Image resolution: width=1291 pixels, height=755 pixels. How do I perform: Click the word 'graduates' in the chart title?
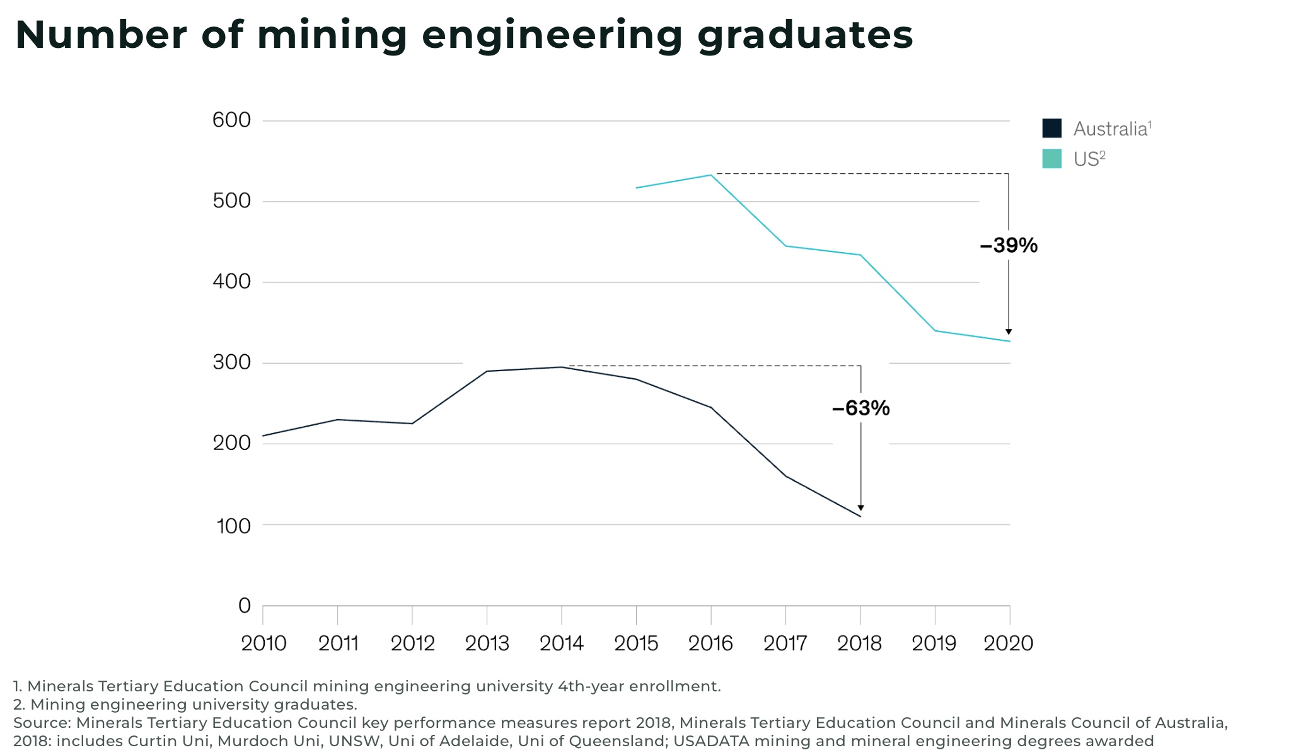(x=805, y=35)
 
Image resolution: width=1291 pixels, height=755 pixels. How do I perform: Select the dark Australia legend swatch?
(x=1051, y=129)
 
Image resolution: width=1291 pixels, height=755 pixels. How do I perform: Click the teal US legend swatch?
(x=1051, y=159)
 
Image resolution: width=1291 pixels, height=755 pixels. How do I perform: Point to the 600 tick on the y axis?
(x=231, y=120)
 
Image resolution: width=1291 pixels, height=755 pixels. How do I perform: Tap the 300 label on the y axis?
(x=231, y=362)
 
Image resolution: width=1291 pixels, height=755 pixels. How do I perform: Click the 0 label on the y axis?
(x=245, y=606)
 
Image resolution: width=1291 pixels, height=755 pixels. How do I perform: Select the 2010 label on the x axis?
(x=263, y=643)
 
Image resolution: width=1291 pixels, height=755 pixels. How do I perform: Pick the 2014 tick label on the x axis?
(x=562, y=643)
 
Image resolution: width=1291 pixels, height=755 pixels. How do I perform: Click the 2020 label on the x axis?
(x=1009, y=643)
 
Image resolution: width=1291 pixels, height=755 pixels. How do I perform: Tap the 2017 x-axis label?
(x=785, y=643)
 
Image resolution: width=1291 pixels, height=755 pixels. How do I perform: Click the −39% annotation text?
(x=1009, y=245)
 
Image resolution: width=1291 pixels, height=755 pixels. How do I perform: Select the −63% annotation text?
(x=860, y=408)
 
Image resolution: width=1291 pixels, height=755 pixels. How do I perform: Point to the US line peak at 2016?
(x=711, y=175)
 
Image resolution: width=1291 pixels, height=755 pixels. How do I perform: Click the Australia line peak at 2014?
(x=561, y=367)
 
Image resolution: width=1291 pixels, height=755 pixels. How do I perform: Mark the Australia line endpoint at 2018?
(x=860, y=517)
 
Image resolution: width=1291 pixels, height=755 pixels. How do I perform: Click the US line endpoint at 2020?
(x=1010, y=342)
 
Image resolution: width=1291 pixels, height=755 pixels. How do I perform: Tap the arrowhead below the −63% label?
(x=860, y=508)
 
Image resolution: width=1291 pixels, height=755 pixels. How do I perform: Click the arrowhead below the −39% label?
(x=1009, y=331)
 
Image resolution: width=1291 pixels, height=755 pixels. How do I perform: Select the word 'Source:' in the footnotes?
(x=42, y=723)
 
